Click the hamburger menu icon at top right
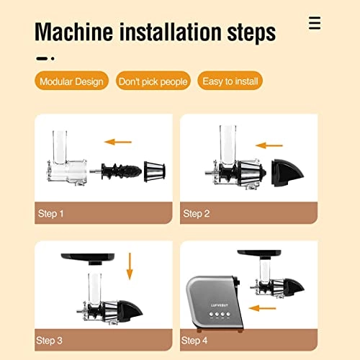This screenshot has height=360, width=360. [314, 23]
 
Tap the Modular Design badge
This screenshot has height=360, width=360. [71, 81]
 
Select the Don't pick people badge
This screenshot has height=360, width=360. [153, 81]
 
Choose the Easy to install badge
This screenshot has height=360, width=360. [230, 81]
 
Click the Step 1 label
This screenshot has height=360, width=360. [51, 214]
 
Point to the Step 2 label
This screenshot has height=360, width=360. [197, 214]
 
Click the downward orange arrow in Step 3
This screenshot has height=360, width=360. [130, 266]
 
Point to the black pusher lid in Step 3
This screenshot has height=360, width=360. [88, 256]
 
